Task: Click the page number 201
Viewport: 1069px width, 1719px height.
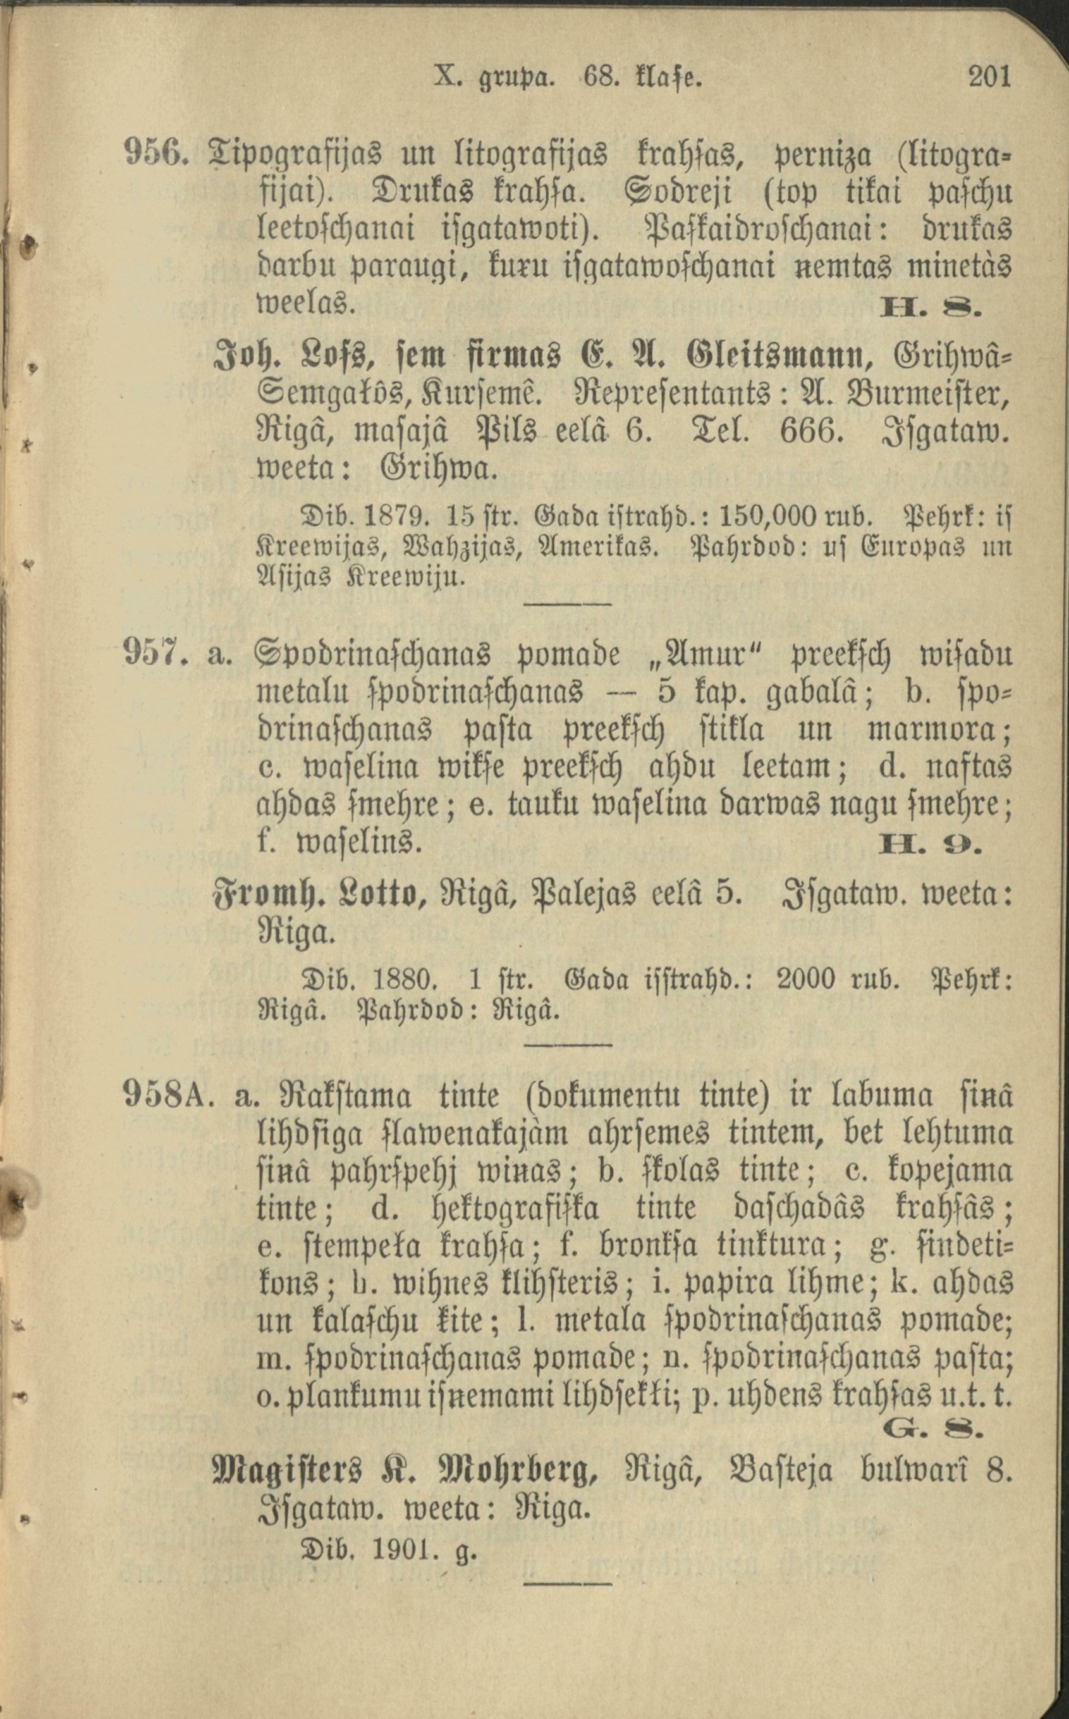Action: [989, 77]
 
